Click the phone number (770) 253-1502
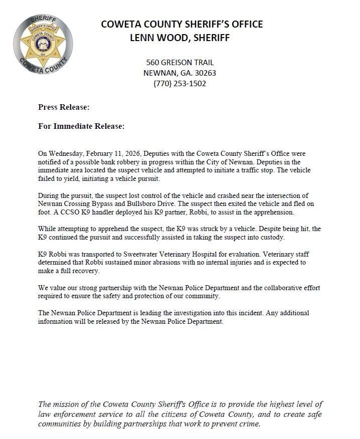point(179,84)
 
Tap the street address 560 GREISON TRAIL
point(179,63)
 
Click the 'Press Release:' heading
point(64,107)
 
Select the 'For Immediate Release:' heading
point(81,126)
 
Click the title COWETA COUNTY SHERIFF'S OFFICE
point(182,24)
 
